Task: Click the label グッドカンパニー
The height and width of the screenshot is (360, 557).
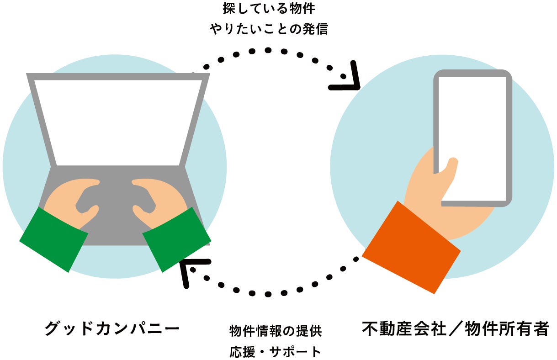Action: [111, 328]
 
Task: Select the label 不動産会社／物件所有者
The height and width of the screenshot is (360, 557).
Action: [455, 328]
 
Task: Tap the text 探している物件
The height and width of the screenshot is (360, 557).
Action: [269, 9]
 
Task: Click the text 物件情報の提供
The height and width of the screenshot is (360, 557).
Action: [276, 331]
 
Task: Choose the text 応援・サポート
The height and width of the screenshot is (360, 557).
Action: [276, 352]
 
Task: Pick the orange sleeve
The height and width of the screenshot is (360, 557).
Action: [411, 247]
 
